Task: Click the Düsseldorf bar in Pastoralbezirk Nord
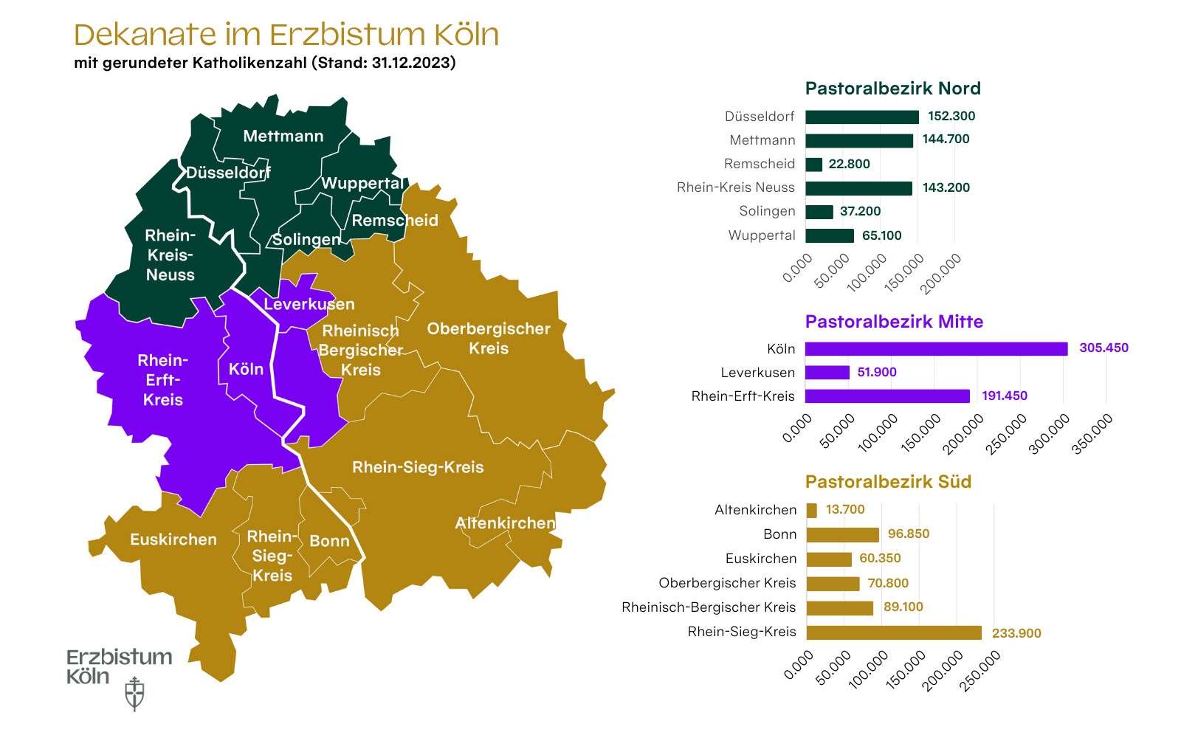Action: pos(861,117)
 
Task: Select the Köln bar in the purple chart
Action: pos(936,348)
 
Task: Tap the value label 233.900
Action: pos(1016,633)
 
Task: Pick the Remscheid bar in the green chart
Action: pos(813,164)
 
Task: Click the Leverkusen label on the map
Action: pos(309,304)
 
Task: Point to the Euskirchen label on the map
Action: pos(173,539)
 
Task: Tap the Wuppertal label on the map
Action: pos(362,183)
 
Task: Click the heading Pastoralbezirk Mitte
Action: pos(894,322)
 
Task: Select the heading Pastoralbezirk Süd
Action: pos(888,482)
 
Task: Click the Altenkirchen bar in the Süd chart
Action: pos(812,510)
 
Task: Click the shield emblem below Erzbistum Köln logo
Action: pos(134,694)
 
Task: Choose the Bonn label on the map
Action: pos(329,541)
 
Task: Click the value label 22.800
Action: pos(849,164)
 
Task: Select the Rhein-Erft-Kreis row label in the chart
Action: pos(743,396)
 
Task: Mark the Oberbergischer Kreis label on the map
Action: pos(489,338)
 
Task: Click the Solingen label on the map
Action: pos(306,240)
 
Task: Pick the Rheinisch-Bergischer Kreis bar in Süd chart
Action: pos(839,608)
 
